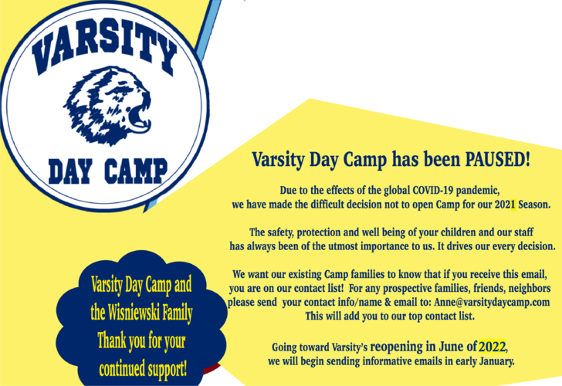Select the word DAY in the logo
click(73, 168)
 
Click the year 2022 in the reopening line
click(493, 345)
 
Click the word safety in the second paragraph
click(283, 232)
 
